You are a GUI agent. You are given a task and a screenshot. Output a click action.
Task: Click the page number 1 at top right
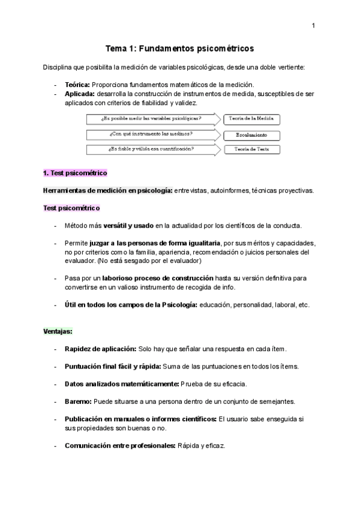pyautogui.click(x=313, y=25)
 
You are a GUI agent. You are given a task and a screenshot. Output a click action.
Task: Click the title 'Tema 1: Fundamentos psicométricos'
pyautogui.click(x=180, y=48)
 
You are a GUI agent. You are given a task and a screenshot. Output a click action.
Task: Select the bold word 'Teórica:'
pyautogui.click(x=77, y=85)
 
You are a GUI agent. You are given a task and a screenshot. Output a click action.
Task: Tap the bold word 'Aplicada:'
pyautogui.click(x=79, y=94)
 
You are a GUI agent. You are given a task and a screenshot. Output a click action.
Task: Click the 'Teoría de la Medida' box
pyautogui.click(x=251, y=119)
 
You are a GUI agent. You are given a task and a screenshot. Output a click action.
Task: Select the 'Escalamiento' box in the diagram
pyautogui.click(x=251, y=134)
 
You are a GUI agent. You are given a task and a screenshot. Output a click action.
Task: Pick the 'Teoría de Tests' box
pyautogui.click(x=251, y=149)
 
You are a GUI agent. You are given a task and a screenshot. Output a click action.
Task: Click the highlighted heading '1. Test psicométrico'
pyautogui.click(x=75, y=173)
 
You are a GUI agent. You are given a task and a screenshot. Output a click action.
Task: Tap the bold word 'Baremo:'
pyautogui.click(x=78, y=401)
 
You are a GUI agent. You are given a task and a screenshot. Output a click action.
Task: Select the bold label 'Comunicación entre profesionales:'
pyautogui.click(x=120, y=445)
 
